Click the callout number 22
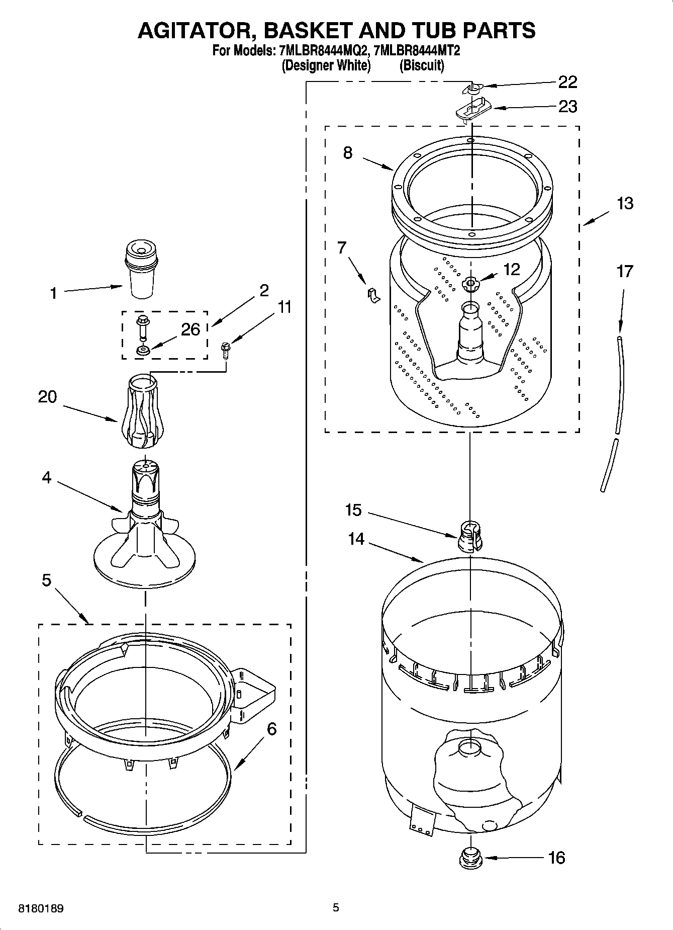tap(567, 82)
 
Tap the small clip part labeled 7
tap(372, 296)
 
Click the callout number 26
tap(190, 329)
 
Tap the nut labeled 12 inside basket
tap(470, 285)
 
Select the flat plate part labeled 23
tap(472, 109)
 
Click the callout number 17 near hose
tap(625, 272)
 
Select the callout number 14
tap(356, 539)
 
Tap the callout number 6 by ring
tap(271, 728)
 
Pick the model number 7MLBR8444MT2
tap(418, 51)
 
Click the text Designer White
tap(326, 66)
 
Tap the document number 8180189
tap(41, 909)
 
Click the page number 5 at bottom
tap(336, 907)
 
